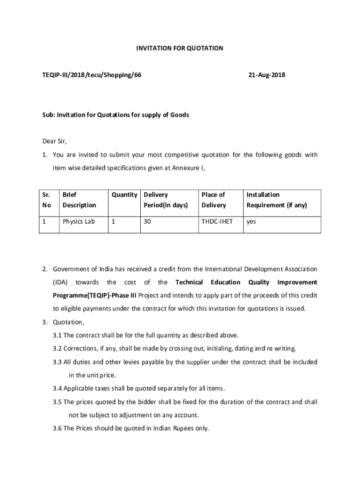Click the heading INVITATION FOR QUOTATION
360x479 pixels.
click(180, 48)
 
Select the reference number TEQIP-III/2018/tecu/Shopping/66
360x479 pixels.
click(89, 75)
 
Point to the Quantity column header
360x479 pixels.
click(124, 195)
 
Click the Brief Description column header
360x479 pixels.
click(79, 200)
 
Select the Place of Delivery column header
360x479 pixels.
click(213, 200)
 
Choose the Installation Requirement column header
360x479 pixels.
click(276, 200)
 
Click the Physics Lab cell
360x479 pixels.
click(79, 221)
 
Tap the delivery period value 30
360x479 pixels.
click(147, 221)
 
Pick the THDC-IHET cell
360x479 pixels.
click(217, 221)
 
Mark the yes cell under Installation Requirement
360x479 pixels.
click(251, 221)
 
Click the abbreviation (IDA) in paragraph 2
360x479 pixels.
click(60, 282)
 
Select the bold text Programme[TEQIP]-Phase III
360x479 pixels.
click(94, 295)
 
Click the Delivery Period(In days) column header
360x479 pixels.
click(166, 200)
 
